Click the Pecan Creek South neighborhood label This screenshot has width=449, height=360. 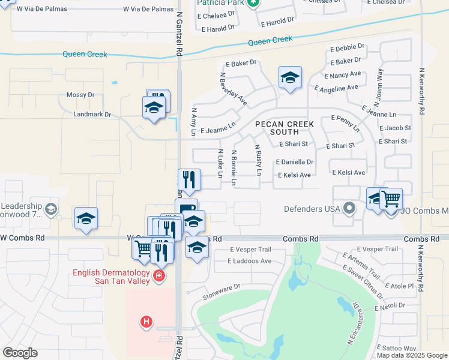(x=285, y=128)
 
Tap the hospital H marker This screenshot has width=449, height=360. (x=146, y=322)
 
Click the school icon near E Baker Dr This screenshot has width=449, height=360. (x=290, y=77)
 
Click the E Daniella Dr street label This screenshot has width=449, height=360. (x=295, y=162)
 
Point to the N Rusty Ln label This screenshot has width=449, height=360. (x=258, y=160)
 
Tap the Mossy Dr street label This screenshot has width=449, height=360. (x=80, y=95)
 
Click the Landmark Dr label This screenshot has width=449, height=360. (x=92, y=114)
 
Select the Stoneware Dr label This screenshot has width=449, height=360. (x=221, y=287)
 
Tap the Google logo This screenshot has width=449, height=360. (x=20, y=353)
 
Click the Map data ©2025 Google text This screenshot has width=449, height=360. (x=411, y=355)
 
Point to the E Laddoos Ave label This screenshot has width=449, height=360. (x=250, y=261)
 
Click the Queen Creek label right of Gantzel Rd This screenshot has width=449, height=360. (x=270, y=41)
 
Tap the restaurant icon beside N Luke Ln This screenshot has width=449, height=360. (x=188, y=179)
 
